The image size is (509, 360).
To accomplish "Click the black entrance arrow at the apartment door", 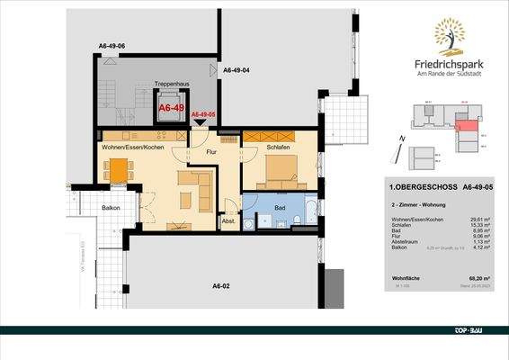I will click(x=200, y=126).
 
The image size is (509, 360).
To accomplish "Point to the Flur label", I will click(x=212, y=152).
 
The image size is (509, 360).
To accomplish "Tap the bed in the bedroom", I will click(x=278, y=168).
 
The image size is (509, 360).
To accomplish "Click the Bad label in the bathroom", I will click(x=280, y=205).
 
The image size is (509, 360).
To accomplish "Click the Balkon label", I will click(x=112, y=208).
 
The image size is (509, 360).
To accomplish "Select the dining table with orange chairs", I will click(x=118, y=168).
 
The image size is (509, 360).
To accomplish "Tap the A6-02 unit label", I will click(x=222, y=285).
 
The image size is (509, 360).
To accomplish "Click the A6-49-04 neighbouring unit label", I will click(x=236, y=69).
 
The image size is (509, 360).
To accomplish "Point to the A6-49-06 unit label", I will click(x=112, y=45).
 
